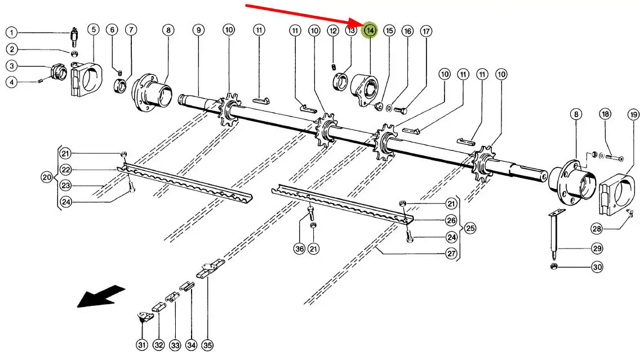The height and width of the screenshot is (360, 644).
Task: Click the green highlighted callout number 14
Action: click(x=370, y=30)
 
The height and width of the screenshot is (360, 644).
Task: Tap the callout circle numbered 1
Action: click(x=12, y=32)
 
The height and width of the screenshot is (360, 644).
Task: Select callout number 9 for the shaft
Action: click(x=198, y=30)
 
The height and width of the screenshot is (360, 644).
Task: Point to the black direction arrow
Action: click(x=101, y=296)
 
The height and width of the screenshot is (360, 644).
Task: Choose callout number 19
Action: click(x=632, y=114)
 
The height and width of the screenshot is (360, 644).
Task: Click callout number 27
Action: click(x=451, y=254)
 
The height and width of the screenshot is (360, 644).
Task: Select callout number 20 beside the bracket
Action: click(x=47, y=177)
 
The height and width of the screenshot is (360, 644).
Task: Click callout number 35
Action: click(x=208, y=345)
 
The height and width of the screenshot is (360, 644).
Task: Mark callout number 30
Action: click(x=581, y=267)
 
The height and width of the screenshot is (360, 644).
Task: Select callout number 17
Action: click(x=426, y=31)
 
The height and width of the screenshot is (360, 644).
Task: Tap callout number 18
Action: click(x=605, y=114)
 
